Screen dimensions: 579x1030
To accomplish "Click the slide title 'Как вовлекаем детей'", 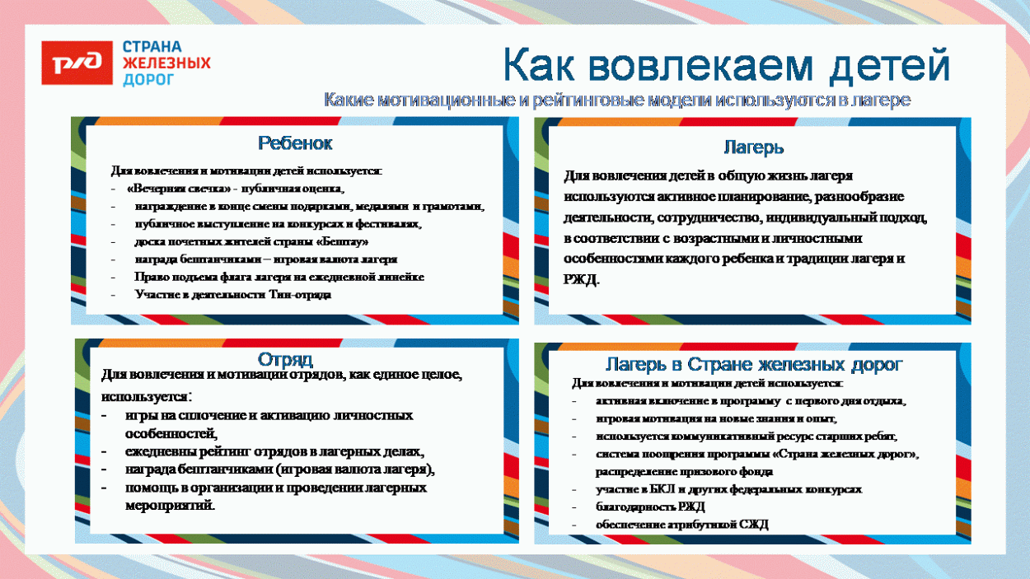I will pos(726,66).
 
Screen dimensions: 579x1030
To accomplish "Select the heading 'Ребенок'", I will pos(295,143).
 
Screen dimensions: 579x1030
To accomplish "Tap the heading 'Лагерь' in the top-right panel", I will pos(753,148).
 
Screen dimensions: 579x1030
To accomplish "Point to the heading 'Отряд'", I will pos(285,360).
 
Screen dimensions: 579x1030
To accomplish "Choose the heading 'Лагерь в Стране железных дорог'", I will pos(754,364).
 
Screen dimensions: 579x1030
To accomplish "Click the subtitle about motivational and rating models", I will pos(616,100).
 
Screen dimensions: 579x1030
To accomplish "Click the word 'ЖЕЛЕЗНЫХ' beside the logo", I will pos(166,63).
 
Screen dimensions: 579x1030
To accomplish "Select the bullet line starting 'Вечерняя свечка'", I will pos(234,189).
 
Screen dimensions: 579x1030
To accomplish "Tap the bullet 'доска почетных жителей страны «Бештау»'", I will pos(251,242).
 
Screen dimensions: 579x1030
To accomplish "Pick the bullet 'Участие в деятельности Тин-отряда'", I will pos(233,295).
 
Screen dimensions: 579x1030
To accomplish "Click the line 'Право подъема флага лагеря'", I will pos(279,277).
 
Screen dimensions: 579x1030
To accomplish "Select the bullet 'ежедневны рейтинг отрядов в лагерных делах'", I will pos(274,452).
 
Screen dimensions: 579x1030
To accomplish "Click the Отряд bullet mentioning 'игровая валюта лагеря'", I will pos(279,469).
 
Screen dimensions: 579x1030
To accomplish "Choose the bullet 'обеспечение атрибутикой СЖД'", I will pos(681,525).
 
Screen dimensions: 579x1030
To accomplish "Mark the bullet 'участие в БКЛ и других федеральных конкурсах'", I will pos(728,489).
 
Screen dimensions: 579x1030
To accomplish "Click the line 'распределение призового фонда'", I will pos(684,472).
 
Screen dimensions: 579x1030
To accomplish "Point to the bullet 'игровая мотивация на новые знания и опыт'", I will pos(716,418).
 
